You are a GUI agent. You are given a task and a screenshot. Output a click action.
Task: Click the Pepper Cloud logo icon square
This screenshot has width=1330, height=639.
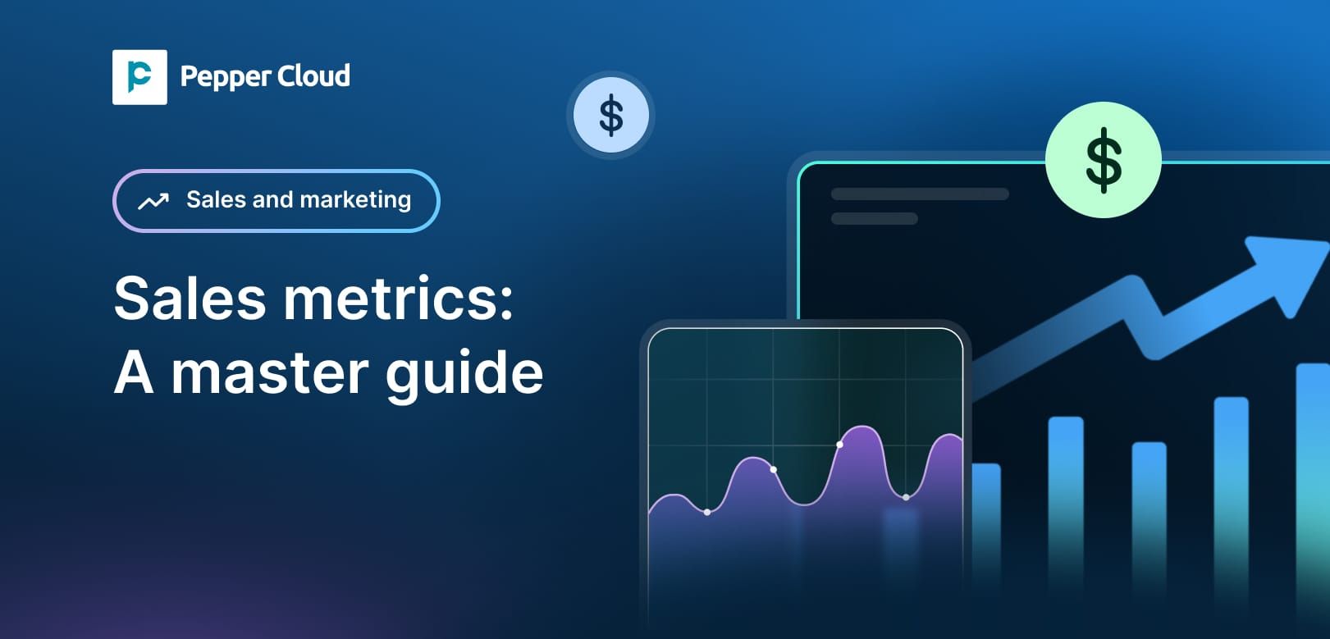(139, 77)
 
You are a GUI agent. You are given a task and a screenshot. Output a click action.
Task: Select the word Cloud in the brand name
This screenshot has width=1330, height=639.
(313, 76)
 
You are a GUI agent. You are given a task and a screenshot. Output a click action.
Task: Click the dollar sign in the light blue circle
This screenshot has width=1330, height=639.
(610, 115)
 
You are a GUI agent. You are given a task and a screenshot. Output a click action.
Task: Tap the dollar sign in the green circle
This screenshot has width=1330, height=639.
(1103, 160)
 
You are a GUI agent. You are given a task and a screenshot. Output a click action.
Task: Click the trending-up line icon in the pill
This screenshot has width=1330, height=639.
(153, 201)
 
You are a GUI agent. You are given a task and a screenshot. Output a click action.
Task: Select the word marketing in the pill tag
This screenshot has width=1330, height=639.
(355, 200)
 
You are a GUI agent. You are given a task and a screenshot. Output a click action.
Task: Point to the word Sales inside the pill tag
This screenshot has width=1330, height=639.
(216, 199)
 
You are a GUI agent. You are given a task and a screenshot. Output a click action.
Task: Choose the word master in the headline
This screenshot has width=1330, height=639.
(270, 374)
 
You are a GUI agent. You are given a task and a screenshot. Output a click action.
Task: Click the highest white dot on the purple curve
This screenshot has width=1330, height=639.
(839, 445)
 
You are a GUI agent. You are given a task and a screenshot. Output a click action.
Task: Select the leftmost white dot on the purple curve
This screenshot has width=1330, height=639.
(707, 513)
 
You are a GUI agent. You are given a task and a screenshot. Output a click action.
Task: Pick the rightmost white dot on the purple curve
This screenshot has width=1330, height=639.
(906, 497)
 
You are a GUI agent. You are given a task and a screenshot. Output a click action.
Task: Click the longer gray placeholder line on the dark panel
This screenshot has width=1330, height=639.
(919, 194)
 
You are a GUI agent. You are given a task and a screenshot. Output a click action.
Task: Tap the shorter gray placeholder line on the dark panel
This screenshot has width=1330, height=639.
(874, 219)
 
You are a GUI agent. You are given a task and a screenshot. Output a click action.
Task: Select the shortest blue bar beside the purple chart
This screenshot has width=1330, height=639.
(985, 525)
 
